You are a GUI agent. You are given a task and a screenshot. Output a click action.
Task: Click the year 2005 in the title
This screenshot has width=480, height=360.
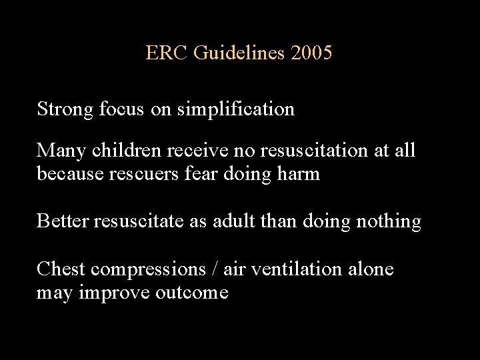click(x=311, y=53)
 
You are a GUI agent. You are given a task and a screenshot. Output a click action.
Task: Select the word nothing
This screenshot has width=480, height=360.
click(x=389, y=221)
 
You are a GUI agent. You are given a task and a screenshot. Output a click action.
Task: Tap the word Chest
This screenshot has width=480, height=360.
click(x=61, y=269)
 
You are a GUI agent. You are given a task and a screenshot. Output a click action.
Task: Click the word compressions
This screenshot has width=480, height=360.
click(x=148, y=269)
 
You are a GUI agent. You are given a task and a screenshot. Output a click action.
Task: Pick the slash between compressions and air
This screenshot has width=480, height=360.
click(x=215, y=269)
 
